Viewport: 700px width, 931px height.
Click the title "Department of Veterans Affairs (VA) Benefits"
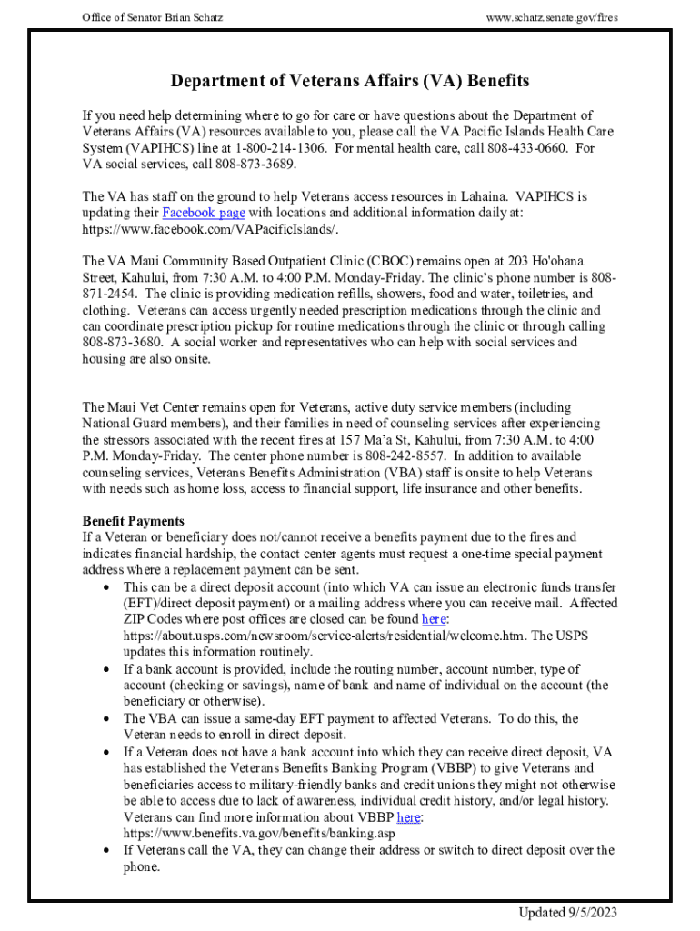[350, 82]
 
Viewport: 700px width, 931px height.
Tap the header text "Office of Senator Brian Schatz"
[153, 18]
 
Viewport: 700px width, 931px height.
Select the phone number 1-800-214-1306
[277, 148]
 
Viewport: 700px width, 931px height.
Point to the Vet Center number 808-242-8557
[407, 456]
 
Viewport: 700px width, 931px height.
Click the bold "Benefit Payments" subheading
[134, 521]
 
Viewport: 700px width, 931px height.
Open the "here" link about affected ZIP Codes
[434, 619]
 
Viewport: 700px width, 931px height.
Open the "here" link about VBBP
[409, 817]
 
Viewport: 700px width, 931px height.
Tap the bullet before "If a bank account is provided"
[106, 669]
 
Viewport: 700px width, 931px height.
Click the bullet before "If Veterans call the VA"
[106, 851]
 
